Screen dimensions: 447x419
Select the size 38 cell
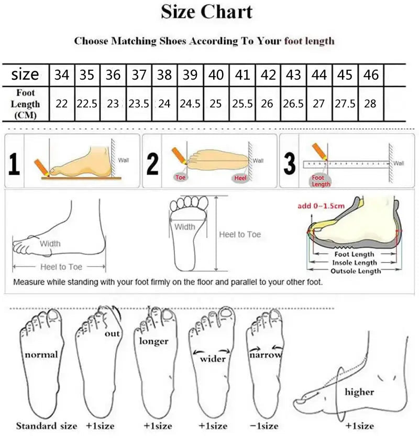pyautogui.click(x=164, y=75)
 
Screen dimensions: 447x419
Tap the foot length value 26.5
pyautogui.click(x=293, y=104)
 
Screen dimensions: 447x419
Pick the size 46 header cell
pyautogui.click(x=371, y=75)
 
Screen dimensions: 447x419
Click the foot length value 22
pyautogui.click(x=62, y=104)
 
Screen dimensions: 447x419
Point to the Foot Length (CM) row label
pyautogui.click(x=25, y=104)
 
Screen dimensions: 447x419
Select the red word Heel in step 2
pyautogui.click(x=240, y=178)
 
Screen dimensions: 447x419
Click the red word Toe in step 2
pyautogui.click(x=181, y=178)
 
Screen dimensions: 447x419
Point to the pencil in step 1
pyautogui.click(x=40, y=167)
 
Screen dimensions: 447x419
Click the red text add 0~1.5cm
pyautogui.click(x=321, y=205)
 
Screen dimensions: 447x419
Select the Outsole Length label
pyautogui.click(x=356, y=271)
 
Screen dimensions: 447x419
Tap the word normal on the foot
pyautogui.click(x=41, y=355)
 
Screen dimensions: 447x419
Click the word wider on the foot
pyautogui.click(x=213, y=359)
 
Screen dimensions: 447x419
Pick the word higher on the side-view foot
pyautogui.click(x=359, y=391)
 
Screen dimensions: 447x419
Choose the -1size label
pyautogui.click(x=264, y=426)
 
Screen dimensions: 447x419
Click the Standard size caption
pyautogui.click(x=46, y=426)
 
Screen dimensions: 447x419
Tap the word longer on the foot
pyautogui.click(x=153, y=341)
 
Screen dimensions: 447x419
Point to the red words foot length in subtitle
pyautogui.click(x=309, y=41)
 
